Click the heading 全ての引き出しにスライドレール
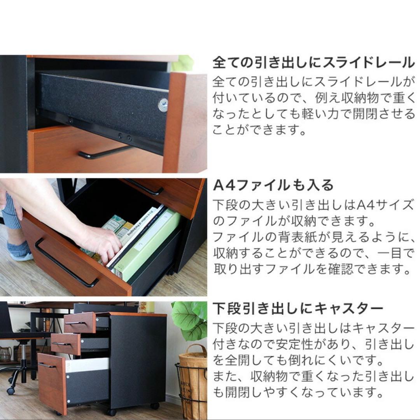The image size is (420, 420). pos(313,62)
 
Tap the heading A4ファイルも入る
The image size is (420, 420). pos(273,185)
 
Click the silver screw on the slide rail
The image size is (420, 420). pos(163,105)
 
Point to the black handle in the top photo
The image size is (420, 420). pos(104,152)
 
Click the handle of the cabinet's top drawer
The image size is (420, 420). pos(76,323)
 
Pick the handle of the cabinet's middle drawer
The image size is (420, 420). pos(62,344)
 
